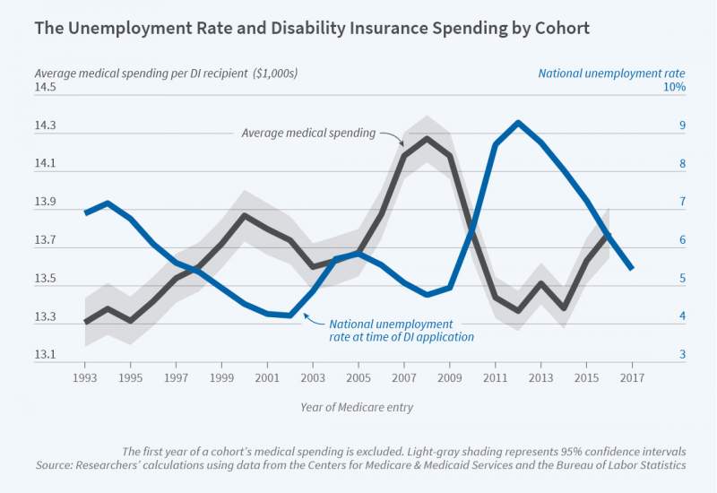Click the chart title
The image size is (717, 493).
(x=312, y=28)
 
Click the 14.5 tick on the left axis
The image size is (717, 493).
(x=46, y=87)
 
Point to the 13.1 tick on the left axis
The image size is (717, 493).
(x=46, y=355)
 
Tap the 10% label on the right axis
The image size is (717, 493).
(x=674, y=87)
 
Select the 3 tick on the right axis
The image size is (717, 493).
(x=682, y=355)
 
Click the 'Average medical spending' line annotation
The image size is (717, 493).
(x=308, y=133)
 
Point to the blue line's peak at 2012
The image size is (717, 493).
(x=518, y=123)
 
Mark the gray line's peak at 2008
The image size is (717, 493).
(x=427, y=138)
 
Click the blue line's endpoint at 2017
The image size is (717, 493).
(x=632, y=267)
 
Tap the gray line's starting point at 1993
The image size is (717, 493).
(x=86, y=321)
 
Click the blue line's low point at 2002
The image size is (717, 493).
(x=289, y=315)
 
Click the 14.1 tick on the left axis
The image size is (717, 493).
(x=46, y=164)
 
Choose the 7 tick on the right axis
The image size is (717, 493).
(x=682, y=202)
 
